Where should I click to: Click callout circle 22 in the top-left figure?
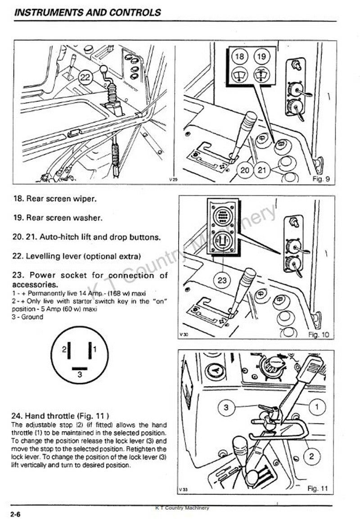click(85, 77)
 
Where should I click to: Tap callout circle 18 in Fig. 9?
click(239, 56)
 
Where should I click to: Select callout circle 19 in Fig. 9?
click(262, 56)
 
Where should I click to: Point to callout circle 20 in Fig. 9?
click(245, 171)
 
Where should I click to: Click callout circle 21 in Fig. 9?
click(262, 171)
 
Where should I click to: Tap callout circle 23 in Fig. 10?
click(222, 281)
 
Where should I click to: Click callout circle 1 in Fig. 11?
click(317, 406)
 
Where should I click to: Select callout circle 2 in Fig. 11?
click(311, 456)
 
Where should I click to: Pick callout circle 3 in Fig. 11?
click(226, 408)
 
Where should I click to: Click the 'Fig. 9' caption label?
click(321, 179)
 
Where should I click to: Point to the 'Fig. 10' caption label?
click(319, 335)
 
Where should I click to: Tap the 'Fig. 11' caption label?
click(318, 489)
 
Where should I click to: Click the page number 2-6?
click(16, 514)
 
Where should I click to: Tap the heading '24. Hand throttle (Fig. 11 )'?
click(60, 416)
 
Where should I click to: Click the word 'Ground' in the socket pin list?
click(32, 317)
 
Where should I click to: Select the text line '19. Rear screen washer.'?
click(58, 218)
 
